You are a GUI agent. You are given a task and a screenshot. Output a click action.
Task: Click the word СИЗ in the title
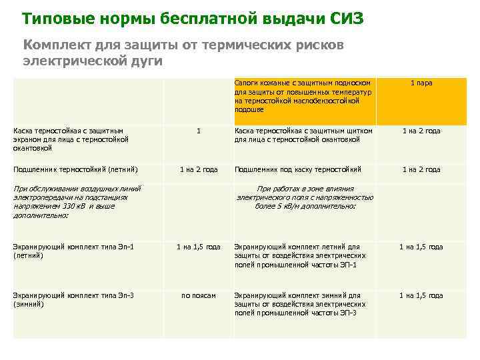[347, 18]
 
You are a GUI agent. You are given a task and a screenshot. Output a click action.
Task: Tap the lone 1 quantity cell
[198, 131]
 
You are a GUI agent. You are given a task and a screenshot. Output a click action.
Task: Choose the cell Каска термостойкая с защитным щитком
[303, 135]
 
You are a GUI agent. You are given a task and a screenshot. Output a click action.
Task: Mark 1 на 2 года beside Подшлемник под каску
[421, 169]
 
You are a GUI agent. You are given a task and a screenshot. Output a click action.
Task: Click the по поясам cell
[198, 295]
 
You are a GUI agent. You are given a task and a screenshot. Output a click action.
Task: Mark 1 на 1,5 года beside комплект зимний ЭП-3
[421, 295]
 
